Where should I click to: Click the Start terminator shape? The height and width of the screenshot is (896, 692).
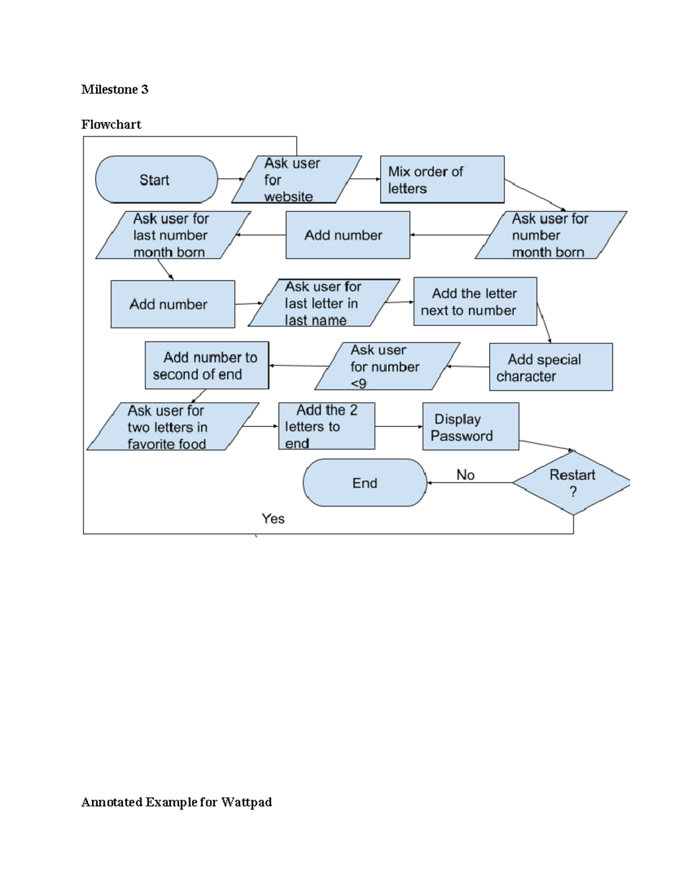pyautogui.click(x=156, y=179)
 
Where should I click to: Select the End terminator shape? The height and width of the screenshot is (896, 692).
pyautogui.click(x=364, y=483)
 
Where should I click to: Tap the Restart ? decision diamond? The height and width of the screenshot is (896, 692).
pyautogui.click(x=571, y=483)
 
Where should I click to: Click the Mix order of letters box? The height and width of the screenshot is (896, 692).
pyautogui.click(x=442, y=179)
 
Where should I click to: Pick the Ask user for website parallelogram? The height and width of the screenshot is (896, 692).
pyautogui.click(x=296, y=179)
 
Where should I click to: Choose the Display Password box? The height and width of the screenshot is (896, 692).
pyautogui.click(x=471, y=427)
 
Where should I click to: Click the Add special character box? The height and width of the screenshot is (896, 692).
pyautogui.click(x=551, y=368)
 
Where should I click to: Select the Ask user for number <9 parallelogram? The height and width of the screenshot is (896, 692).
pyautogui.click(x=386, y=366)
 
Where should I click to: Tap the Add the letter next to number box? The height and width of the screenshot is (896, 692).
pyautogui.click(x=475, y=302)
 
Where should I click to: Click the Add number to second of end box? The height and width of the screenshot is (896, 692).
pyautogui.click(x=206, y=366)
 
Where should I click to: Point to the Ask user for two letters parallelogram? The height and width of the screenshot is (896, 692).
pyautogui.click(x=172, y=427)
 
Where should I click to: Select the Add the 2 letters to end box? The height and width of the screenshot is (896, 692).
pyautogui.click(x=326, y=426)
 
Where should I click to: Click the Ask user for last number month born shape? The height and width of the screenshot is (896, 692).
pyautogui.click(x=172, y=235)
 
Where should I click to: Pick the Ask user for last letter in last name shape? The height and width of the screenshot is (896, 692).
pyautogui.click(x=323, y=303)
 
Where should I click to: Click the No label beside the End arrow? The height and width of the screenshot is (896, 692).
pyautogui.click(x=465, y=475)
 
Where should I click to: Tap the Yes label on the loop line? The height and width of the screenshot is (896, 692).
pyautogui.click(x=273, y=519)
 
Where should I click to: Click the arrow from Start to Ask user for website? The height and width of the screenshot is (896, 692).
pyautogui.click(x=231, y=179)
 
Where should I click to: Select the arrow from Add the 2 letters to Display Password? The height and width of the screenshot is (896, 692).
pyautogui.click(x=398, y=427)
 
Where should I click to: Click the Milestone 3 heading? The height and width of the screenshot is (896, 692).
pyautogui.click(x=115, y=89)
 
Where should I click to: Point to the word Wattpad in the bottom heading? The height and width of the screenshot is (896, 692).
pyautogui.click(x=246, y=802)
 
